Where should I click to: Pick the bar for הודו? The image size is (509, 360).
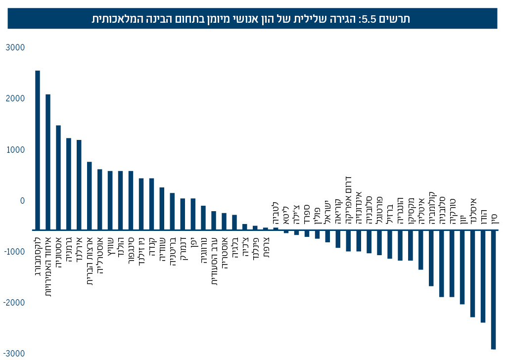tap(483, 276)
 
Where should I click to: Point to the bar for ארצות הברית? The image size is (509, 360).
tap(90, 196)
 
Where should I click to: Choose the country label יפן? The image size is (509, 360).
tap(193, 241)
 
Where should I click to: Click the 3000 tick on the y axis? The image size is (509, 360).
tap(15, 47)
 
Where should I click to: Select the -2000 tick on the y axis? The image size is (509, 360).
tap(13, 303)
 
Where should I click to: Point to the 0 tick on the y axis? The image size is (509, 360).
tap(22, 201)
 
